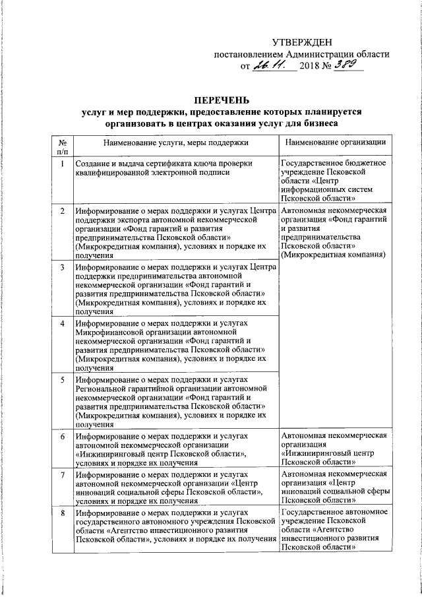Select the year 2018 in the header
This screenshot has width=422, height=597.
click(x=313, y=67)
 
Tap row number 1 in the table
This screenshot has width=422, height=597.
click(x=61, y=163)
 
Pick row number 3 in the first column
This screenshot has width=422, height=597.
click(x=61, y=267)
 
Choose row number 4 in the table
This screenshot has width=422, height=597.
click(x=61, y=324)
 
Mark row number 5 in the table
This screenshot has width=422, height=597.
click(x=61, y=381)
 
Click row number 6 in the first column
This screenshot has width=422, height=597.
click(x=61, y=437)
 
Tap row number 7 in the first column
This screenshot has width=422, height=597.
click(x=61, y=474)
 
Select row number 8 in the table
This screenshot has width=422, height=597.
click(x=61, y=512)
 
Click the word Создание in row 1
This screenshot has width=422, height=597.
click(x=94, y=163)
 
